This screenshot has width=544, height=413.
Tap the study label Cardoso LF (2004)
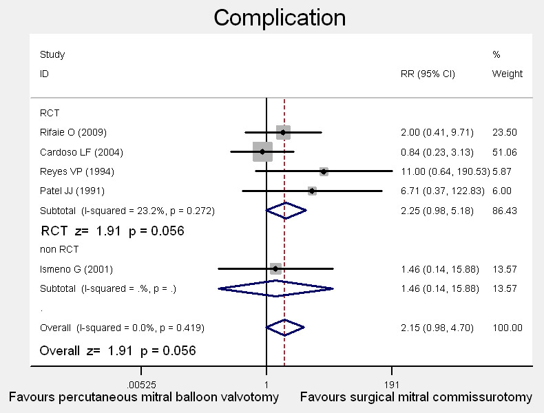click(81, 152)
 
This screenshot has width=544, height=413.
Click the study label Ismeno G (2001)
click(76, 269)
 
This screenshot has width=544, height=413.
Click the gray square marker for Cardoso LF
click(262, 151)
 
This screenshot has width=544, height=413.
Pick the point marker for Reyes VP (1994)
click(324, 171)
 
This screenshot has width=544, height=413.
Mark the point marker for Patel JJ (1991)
click(312, 191)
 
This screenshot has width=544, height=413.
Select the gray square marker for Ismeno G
click(275, 269)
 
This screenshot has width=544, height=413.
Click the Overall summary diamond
click(285, 327)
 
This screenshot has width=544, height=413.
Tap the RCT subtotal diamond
click(286, 210)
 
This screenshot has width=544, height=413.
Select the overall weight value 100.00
click(508, 327)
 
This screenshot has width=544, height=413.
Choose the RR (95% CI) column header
click(428, 74)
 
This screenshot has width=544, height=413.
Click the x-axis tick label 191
click(392, 385)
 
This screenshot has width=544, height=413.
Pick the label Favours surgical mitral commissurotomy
click(416, 397)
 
